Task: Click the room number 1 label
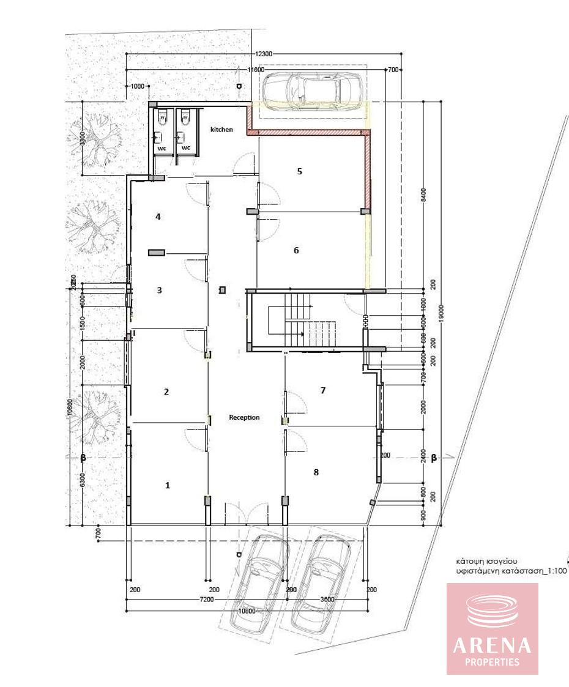168,485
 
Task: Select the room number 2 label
166,392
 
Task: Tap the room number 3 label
160,290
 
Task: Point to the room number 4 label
158,217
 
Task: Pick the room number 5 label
299,171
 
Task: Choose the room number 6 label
296,250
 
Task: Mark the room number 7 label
322,390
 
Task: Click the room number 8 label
316,472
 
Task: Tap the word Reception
244,417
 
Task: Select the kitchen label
221,130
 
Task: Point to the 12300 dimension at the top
264,54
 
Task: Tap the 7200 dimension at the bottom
206,600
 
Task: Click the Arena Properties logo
492,628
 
